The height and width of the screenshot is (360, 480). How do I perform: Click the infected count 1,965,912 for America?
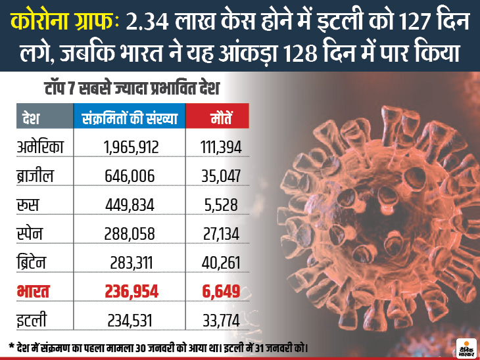[131, 148]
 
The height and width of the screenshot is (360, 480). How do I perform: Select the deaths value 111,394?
[221, 148]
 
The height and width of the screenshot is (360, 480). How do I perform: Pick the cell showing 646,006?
[131, 176]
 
